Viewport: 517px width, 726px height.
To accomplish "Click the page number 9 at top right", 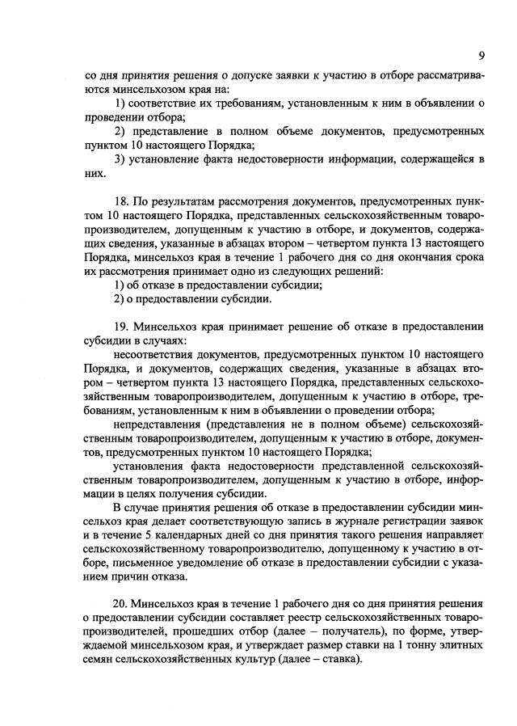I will [481, 56].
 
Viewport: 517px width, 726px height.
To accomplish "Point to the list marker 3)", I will [120, 158].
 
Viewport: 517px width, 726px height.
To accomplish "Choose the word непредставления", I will [159, 423].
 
